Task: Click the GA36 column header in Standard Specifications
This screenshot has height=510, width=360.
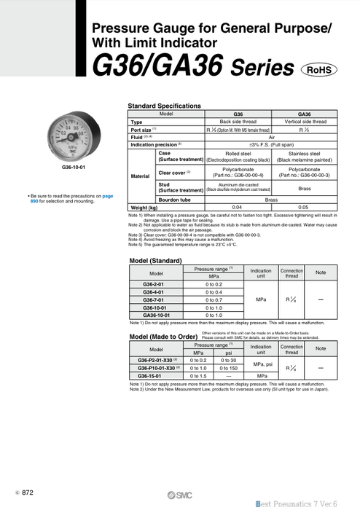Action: [304, 114]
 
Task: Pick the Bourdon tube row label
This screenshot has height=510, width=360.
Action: [176, 199]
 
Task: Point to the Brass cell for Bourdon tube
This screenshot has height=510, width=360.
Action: [271, 199]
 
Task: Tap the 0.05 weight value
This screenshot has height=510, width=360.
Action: [304, 208]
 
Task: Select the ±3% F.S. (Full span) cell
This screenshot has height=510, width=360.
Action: [271, 144]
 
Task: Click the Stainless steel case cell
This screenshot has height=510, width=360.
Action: [304, 157]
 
